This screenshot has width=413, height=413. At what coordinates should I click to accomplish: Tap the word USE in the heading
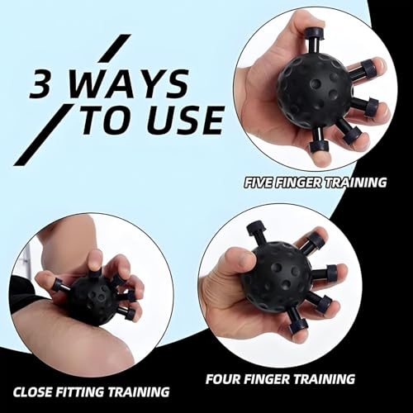click(188, 120)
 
